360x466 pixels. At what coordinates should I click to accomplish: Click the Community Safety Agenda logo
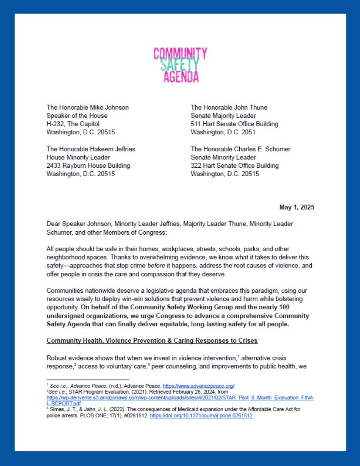coord(180,65)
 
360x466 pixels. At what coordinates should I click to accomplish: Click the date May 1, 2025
coord(296,208)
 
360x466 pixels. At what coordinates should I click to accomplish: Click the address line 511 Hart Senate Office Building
coord(234,124)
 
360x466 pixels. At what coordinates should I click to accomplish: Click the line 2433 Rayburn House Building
coord(88,166)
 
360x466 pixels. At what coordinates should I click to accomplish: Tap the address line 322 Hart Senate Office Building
coord(234,166)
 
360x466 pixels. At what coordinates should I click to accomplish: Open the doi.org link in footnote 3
coord(201,416)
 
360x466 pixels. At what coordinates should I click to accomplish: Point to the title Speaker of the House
coord(77,116)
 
